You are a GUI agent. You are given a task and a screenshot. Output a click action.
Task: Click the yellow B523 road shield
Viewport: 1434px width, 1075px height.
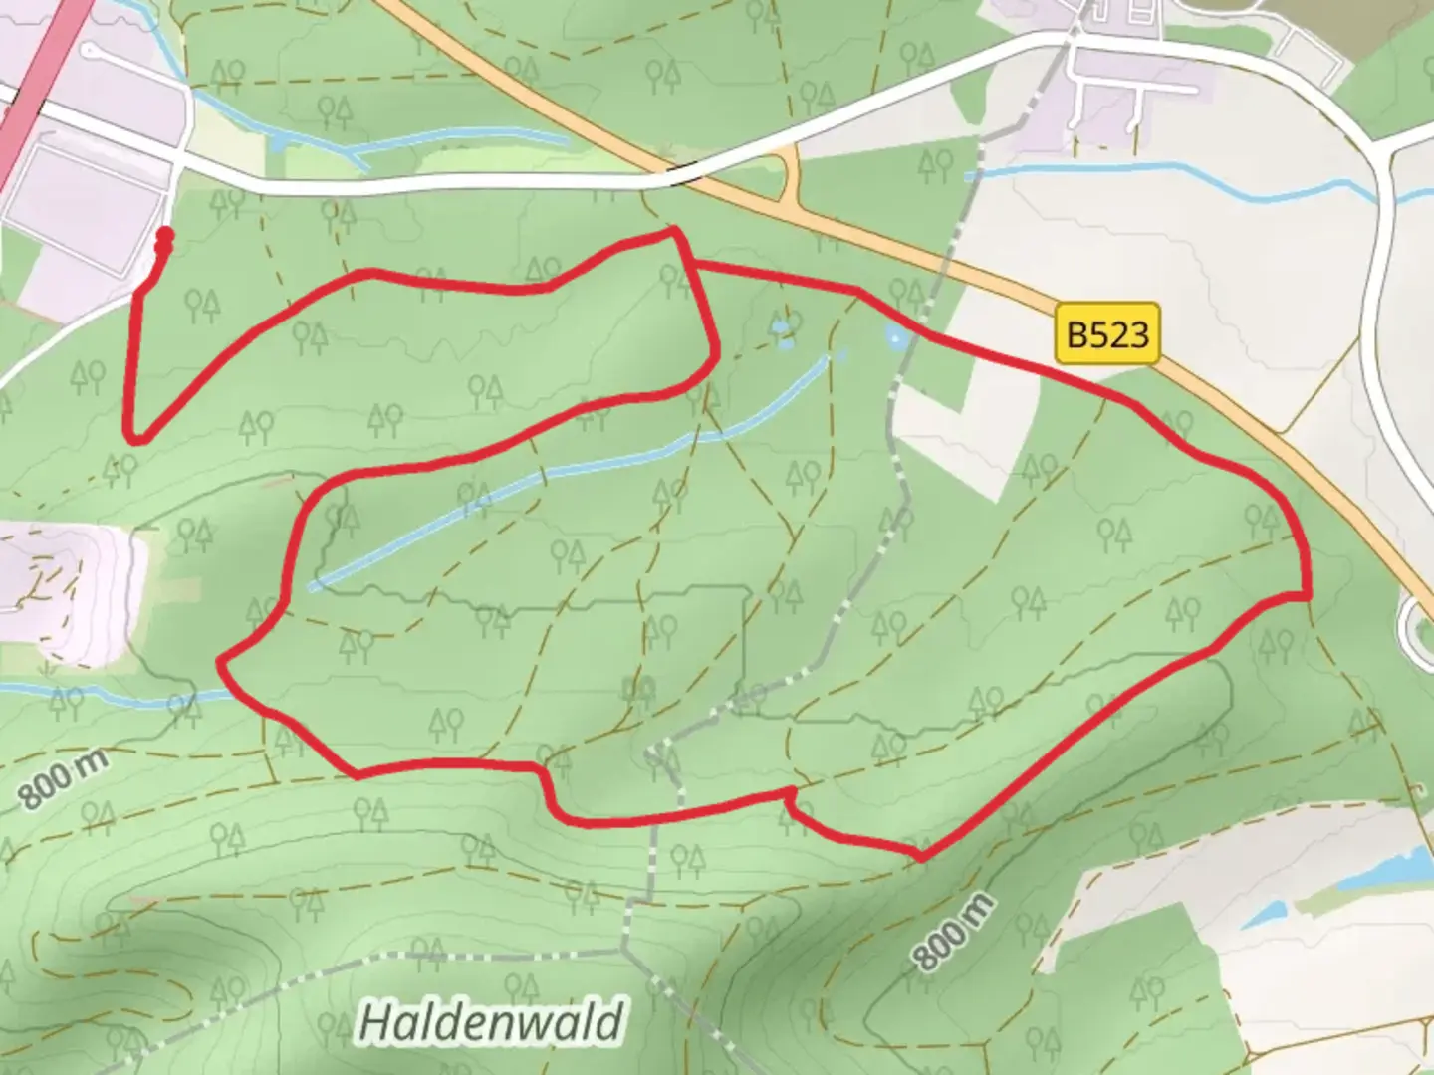(1107, 334)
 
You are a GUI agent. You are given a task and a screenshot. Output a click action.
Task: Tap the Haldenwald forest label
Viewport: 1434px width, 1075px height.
(491, 1021)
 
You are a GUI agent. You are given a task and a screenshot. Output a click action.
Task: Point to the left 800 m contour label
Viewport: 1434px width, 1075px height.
(63, 779)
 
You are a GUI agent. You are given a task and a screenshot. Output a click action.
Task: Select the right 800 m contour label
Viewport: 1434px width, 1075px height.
(953, 932)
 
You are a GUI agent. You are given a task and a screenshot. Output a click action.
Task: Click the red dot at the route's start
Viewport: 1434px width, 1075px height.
(165, 235)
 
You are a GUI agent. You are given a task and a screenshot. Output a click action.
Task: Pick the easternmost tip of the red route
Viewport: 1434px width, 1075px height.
(1306, 595)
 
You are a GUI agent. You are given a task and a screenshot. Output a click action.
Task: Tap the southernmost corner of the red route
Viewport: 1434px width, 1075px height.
(922, 856)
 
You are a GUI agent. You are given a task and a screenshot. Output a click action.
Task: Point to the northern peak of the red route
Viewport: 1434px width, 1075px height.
(674, 231)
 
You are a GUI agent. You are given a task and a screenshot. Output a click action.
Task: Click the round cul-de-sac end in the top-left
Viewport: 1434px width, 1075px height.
(91, 49)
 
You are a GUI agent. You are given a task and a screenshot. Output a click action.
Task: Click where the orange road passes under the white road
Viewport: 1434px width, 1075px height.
(677, 175)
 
